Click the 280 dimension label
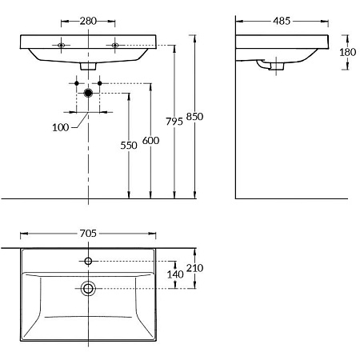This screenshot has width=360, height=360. pos(88,21)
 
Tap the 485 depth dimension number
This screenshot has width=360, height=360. pos(282,21)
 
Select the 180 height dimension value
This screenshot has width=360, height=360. pos(347,52)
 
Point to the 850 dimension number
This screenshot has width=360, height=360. pos(194,117)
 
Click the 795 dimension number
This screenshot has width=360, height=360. pos(174,122)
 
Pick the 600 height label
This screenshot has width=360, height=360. pos(150,141)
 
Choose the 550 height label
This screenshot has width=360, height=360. pos(129,146)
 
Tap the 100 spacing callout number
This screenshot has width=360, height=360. pos(61,127)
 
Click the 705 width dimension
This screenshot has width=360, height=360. pos(88,234)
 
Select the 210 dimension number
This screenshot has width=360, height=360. pos(194,268)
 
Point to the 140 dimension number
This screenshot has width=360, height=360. pos(175,274)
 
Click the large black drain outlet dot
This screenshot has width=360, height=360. pos(88,93)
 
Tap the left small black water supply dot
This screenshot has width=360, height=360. pos(77,83)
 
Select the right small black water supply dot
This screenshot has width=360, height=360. pos(100,83)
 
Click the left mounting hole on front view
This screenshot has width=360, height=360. pos(61,45)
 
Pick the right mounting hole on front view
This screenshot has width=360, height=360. pos(115,45)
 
